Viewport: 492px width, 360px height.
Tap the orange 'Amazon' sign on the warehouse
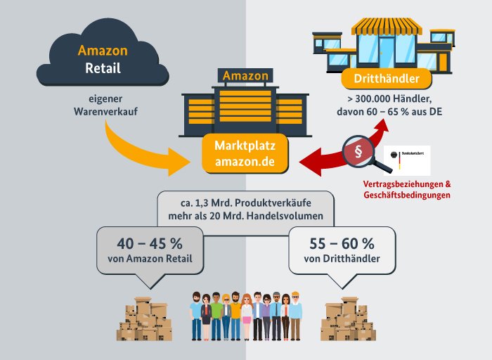point(245,75)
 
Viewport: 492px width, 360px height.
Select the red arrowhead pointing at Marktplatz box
point(308,165)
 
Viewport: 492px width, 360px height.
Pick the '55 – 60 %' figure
point(342,244)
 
